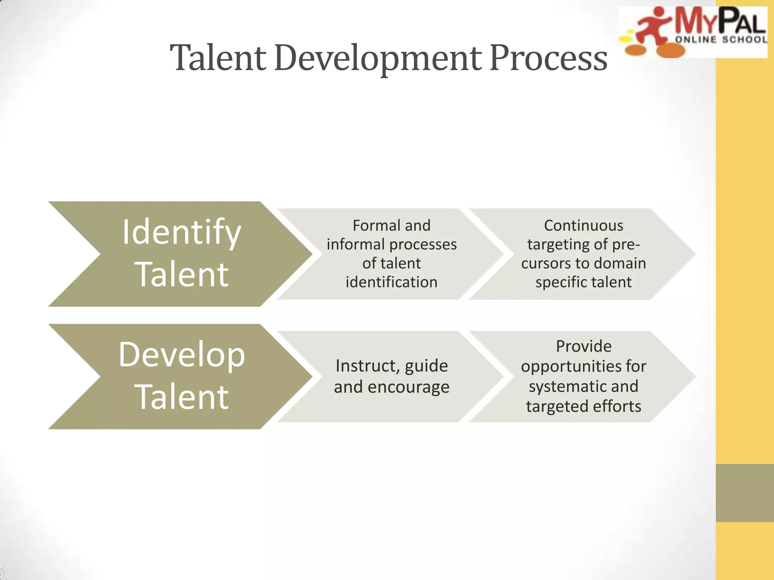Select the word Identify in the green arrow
(181, 233)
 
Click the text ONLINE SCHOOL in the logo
(721, 40)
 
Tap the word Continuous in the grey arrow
(584, 226)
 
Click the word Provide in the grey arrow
(584, 346)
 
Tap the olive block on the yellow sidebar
(745, 493)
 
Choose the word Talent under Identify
(182, 275)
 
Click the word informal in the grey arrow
(348, 245)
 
